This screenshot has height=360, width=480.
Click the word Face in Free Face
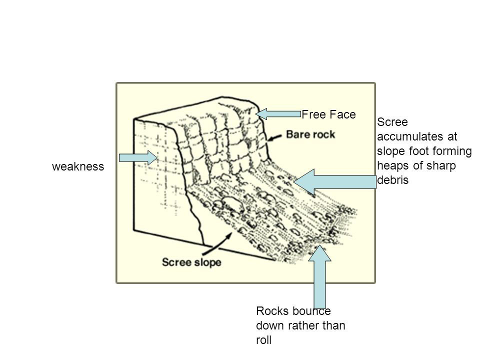pos(342,115)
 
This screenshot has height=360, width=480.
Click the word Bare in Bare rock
pos(298,134)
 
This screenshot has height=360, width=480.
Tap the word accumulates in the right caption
pos(408,135)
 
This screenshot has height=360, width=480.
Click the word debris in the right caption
pos(393,180)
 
